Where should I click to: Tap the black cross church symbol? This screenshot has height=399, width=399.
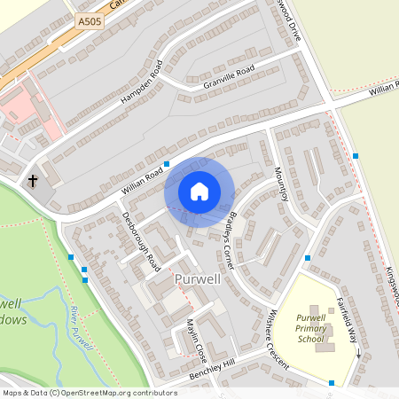[x=33, y=181]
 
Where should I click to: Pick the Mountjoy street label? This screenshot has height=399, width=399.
[x=282, y=184]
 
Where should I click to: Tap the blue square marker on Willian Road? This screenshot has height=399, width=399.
[x=167, y=164]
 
